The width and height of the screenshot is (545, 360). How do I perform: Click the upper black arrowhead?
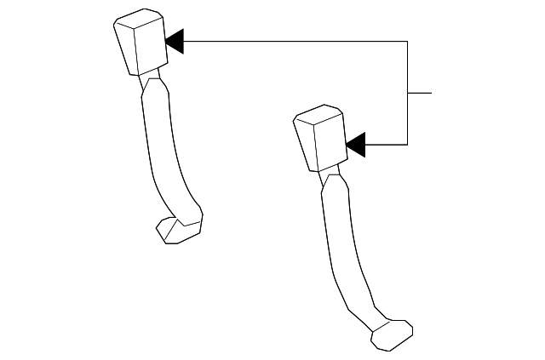pyautogui.click(x=175, y=41)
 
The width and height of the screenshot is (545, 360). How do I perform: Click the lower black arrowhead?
pyautogui.click(x=356, y=145)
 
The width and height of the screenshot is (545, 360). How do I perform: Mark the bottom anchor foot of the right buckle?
pyautogui.click(x=392, y=334)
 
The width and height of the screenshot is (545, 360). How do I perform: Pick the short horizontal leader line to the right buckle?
pyautogui.click(x=387, y=145)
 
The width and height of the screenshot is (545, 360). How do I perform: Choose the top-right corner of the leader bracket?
pyautogui.click(x=408, y=41)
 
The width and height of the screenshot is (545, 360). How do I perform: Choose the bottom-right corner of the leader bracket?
pyautogui.click(x=408, y=145)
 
